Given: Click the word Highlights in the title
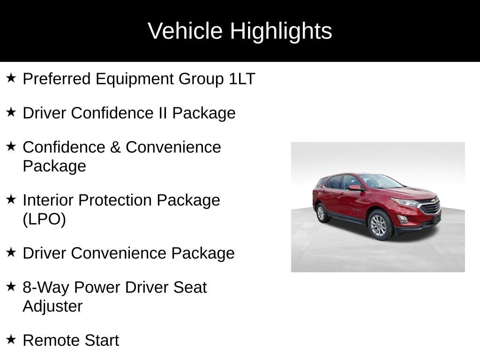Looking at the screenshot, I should click(281, 31).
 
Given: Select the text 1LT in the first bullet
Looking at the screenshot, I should click(242, 79).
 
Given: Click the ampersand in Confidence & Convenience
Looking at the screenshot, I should click(115, 147).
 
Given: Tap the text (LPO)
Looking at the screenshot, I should click(44, 219).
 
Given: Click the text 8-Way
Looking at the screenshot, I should click(46, 287).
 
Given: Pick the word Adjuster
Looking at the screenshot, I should click(52, 306).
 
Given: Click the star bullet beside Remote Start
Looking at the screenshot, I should click(11, 339).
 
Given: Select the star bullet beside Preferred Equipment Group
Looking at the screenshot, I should click(11, 77).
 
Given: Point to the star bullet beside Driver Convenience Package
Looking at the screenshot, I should click(11, 252).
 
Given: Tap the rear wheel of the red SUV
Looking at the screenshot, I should click(321, 213).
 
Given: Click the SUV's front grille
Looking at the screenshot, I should click(430, 207).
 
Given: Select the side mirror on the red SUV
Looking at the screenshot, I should click(355, 187).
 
